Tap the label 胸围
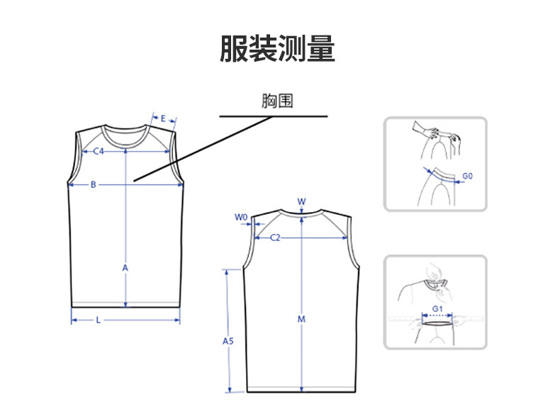276,101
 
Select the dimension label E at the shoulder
163,118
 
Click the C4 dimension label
99,151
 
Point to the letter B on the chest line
93,185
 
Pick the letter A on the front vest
125,268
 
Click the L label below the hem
98,320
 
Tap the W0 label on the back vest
241,217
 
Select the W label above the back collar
301,201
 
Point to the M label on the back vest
301,319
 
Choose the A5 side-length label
228,341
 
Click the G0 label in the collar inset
467,175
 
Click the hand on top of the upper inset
434,131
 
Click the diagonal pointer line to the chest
202,148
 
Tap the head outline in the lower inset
434,273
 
